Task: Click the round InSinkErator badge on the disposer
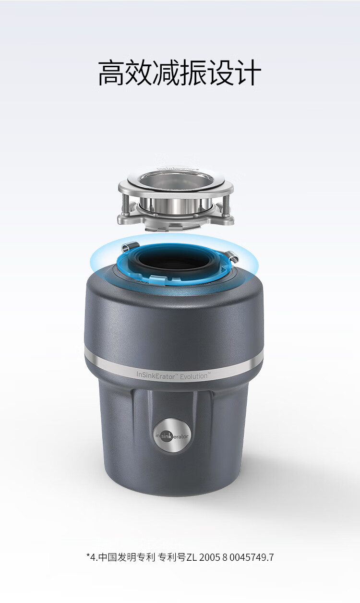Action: click(172, 435)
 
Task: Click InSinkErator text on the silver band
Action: click(156, 375)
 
